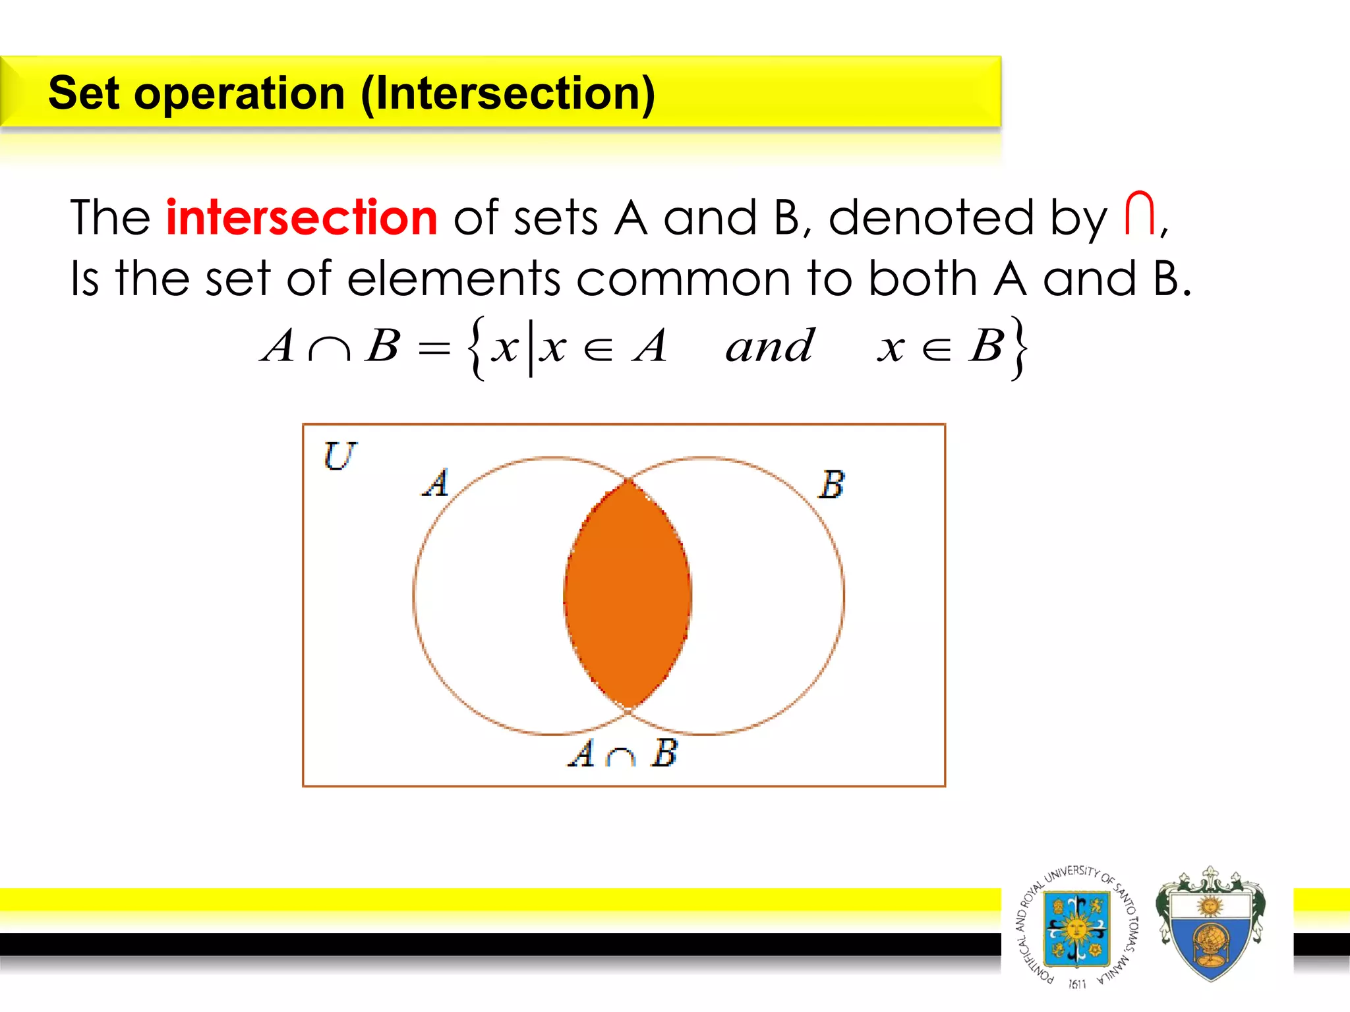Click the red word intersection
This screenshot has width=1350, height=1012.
(301, 217)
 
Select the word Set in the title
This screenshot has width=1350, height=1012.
(84, 93)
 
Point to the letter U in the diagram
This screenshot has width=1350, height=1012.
(339, 456)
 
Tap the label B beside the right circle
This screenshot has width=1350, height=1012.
(831, 485)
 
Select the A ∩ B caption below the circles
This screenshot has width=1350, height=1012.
(622, 753)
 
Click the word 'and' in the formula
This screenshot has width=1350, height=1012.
(769, 346)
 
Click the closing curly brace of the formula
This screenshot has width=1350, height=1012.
(1019, 348)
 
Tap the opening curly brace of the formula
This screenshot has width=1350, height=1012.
(477, 348)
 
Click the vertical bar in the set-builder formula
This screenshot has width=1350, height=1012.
(531, 348)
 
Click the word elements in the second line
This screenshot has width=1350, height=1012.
(453, 278)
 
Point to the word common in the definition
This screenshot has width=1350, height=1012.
(683, 278)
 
